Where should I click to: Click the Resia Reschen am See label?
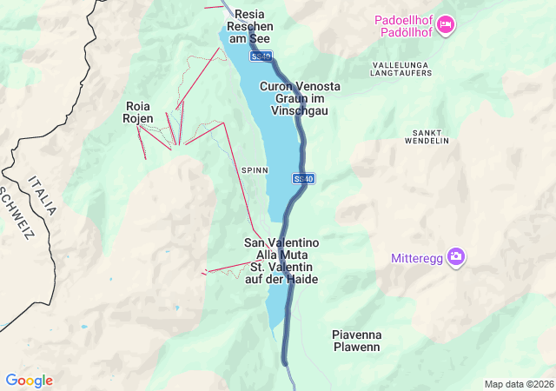point(248,26)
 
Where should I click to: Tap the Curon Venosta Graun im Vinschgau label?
point(300,98)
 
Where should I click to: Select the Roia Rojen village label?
point(139,112)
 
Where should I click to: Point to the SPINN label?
point(255,170)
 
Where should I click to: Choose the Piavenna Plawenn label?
point(356,341)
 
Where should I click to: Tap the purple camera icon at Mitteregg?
point(457,257)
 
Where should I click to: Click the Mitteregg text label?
point(416,258)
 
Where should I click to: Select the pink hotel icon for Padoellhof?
point(446,25)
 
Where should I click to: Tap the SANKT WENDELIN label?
point(427,136)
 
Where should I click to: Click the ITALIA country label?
point(41,195)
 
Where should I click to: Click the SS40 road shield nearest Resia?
point(261,56)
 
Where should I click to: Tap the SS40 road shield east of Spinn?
point(303,178)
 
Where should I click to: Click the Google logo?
point(29,381)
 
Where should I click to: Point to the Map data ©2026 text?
point(518,384)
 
